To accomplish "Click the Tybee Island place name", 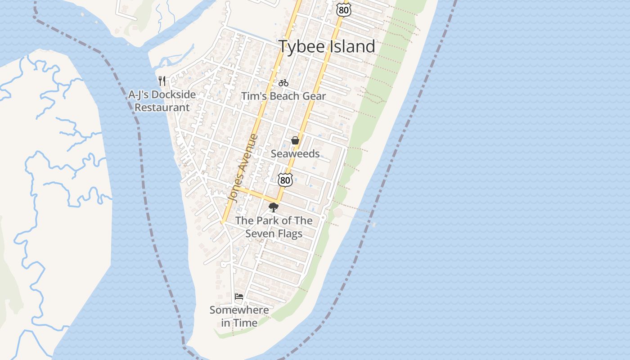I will tap(327, 46).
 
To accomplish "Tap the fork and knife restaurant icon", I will tap(162, 81).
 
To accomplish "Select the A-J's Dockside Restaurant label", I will tap(162, 101).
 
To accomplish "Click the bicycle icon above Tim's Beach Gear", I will tap(283, 83).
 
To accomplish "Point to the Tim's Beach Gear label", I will tap(283, 96).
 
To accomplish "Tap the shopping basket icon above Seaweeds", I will tap(295, 140).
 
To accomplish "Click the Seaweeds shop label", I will tap(295, 153).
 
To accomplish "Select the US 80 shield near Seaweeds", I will tap(285, 180).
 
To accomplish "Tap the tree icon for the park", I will tap(273, 207).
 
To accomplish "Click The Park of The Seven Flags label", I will tap(274, 227).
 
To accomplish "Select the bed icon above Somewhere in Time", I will tap(239, 297).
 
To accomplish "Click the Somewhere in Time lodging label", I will tap(239, 316).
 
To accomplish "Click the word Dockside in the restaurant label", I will tap(173, 95).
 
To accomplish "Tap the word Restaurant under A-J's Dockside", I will tap(162, 108).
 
